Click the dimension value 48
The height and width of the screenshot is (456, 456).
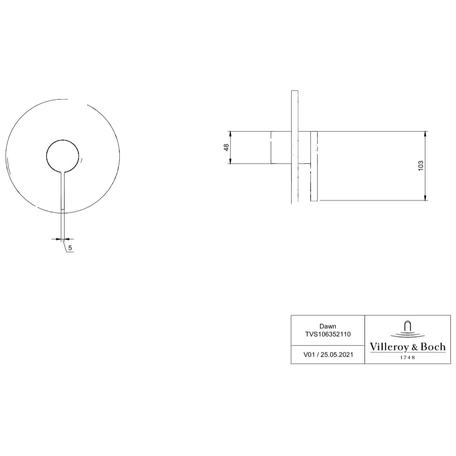(226, 147)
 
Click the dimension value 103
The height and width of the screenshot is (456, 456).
(421, 166)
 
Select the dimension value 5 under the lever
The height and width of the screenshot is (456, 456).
(70, 248)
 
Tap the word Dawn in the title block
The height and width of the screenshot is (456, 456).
(327, 326)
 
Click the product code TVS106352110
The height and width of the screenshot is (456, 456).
(327, 333)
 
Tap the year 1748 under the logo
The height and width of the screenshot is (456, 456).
(407, 358)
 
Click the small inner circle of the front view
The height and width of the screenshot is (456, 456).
(63, 156)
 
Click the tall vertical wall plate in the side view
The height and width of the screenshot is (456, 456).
(294, 146)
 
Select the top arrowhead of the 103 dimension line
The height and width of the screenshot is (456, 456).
(425, 134)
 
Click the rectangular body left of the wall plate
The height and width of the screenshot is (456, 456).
(281, 147)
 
